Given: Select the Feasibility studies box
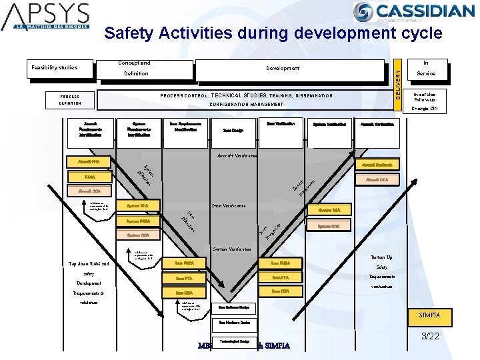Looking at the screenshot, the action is [55, 67].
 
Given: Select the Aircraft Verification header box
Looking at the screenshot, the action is [377, 124].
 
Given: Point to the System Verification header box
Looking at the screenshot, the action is [329, 124].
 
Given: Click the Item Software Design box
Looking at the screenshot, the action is [234, 307].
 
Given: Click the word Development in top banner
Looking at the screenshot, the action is [283, 68].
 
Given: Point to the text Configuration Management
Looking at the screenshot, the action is [246, 104].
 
